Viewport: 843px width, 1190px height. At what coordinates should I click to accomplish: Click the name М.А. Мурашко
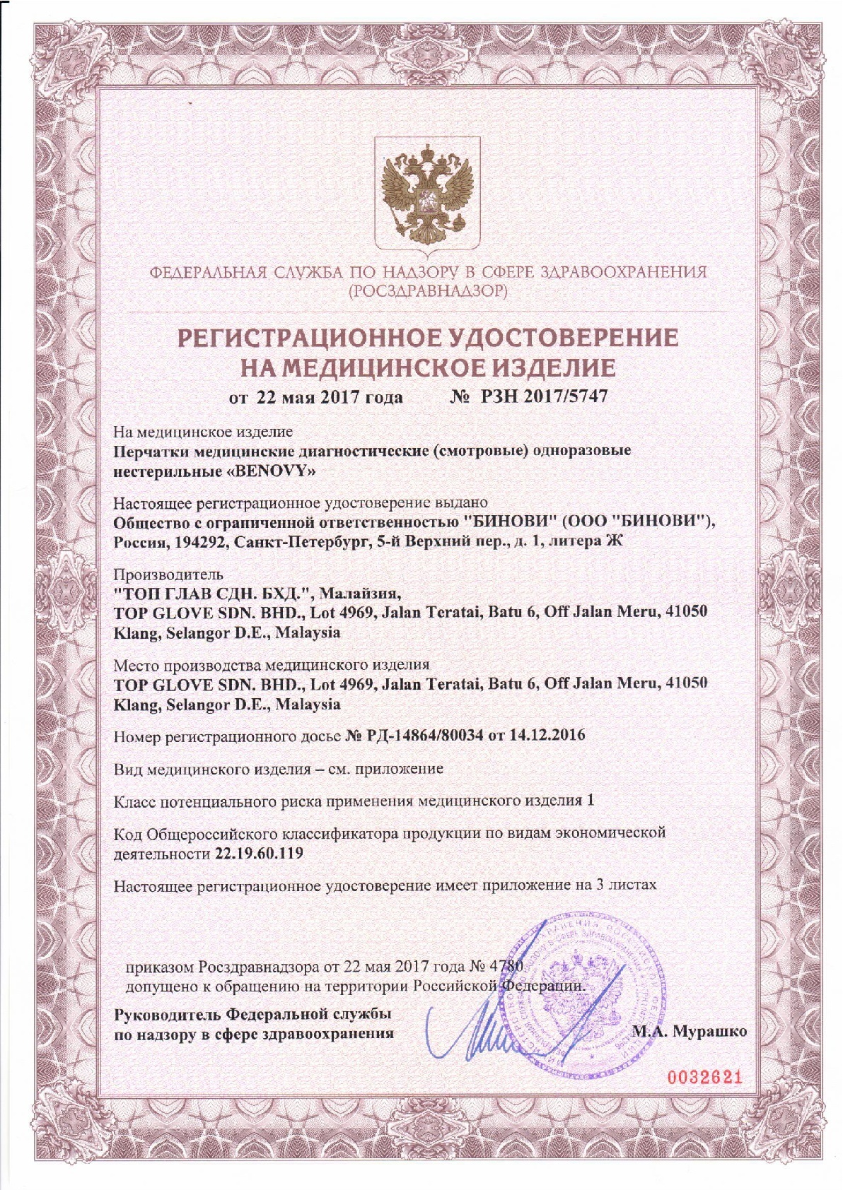click(x=689, y=1031)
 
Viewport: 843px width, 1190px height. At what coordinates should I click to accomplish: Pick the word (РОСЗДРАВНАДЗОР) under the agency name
click(x=428, y=290)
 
